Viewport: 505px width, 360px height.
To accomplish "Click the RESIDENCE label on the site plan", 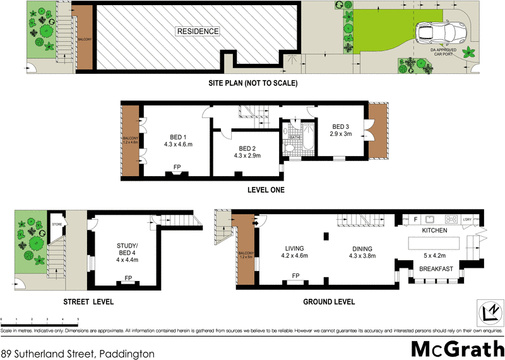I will click(x=198, y=31).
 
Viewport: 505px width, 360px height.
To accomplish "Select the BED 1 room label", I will click(x=178, y=138).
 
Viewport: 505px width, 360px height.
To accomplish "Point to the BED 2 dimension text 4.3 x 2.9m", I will click(x=247, y=155).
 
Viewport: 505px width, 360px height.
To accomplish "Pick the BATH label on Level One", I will click(x=294, y=137).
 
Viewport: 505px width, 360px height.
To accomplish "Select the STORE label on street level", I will click(x=56, y=224).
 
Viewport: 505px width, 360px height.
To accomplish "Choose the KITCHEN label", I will click(x=434, y=231).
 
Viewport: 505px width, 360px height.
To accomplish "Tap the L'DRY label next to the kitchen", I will click(x=468, y=220).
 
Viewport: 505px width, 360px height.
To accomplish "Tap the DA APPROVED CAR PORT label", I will click(x=443, y=51).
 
